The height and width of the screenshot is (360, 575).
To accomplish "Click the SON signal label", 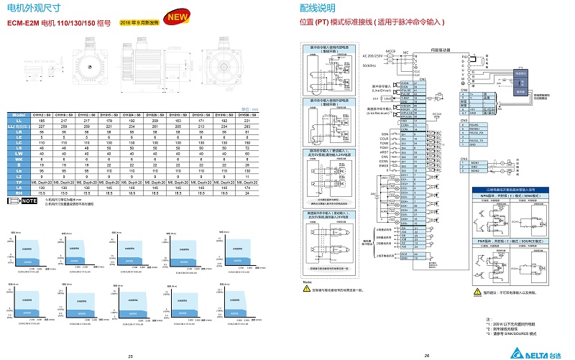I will point(385,134).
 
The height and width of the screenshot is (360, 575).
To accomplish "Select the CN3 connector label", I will point(464,120).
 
